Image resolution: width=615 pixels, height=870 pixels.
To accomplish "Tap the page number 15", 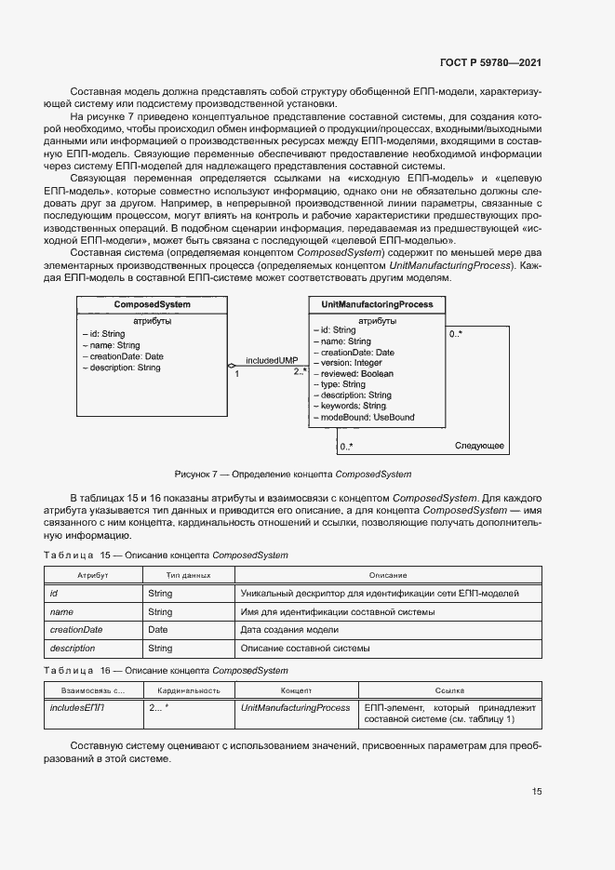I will pos(537,792).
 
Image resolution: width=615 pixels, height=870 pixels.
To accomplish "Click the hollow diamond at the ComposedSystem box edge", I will pos(232,367).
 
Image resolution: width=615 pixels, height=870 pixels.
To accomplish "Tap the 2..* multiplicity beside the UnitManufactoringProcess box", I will pos(300,372).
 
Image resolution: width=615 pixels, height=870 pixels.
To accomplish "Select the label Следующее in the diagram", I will pos(479,447).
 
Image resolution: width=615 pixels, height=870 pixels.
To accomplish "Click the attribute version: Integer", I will pos(350,363).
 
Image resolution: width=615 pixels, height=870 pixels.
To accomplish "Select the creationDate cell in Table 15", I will pos(75,630).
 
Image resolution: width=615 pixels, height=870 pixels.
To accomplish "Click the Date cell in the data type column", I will pos(157,630).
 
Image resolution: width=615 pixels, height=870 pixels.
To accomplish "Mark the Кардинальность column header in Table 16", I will pos(188,691).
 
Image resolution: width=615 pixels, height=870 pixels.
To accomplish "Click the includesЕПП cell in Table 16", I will pos(76,708).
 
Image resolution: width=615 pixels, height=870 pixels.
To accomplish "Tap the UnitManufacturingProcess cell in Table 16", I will pos(295,708).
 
